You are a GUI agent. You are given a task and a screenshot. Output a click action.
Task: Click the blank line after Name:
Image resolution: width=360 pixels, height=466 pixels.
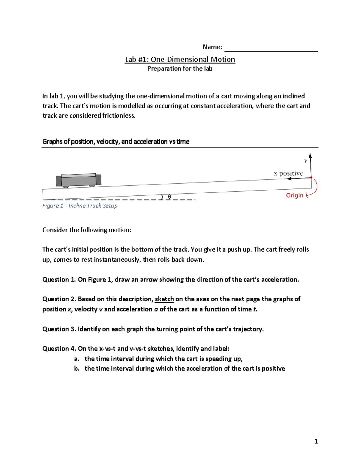tap(271, 48)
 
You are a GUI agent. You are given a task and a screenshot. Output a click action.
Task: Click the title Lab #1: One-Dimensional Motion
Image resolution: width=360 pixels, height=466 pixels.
tap(180, 59)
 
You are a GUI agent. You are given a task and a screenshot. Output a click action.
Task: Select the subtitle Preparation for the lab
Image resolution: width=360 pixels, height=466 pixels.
tap(180, 69)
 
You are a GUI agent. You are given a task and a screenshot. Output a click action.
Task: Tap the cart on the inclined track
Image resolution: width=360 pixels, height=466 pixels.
tap(79, 180)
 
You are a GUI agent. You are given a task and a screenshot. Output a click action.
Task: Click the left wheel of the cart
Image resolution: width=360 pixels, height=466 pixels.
tap(66, 187)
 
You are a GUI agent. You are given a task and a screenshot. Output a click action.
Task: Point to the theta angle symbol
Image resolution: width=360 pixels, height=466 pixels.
tap(169, 197)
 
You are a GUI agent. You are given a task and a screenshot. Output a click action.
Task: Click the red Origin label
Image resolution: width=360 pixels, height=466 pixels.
tap(295, 195)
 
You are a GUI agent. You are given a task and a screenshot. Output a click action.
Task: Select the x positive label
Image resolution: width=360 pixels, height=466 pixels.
tap(288, 173)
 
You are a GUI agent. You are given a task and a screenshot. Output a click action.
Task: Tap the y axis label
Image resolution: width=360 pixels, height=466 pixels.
tap(305, 160)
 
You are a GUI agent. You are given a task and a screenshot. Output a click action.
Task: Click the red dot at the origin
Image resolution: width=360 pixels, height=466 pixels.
tap(311, 178)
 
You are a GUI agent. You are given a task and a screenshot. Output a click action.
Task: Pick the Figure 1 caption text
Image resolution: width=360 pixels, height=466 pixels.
tap(80, 206)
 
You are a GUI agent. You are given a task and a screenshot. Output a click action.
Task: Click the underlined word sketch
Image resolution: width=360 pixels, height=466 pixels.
tap(164, 299)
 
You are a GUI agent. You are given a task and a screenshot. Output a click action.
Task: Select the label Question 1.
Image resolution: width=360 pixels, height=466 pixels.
tap(59, 280)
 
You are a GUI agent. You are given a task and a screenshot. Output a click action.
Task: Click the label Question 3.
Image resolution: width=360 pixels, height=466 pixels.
tap(59, 329)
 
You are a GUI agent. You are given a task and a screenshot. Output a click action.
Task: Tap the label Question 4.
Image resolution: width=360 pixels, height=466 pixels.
tap(59, 349)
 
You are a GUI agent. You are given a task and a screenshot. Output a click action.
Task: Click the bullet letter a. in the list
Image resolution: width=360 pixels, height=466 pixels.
tap(77, 359)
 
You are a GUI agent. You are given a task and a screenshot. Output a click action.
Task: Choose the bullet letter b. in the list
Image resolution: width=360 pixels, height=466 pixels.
tap(77, 369)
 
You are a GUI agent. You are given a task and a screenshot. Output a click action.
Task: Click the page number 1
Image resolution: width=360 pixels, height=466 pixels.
tap(316, 441)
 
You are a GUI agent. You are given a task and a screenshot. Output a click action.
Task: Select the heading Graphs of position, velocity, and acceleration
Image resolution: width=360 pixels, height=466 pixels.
tap(116, 142)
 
